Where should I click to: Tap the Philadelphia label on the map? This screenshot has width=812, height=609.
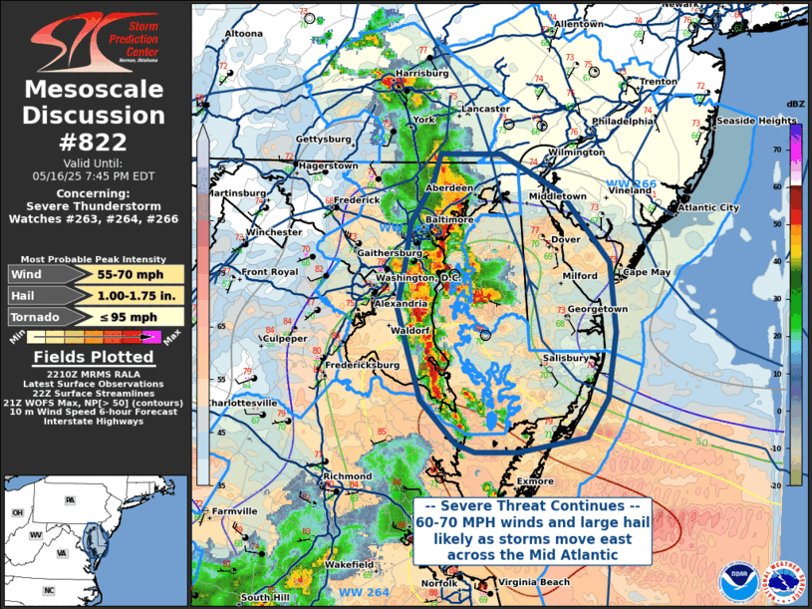click(625, 121)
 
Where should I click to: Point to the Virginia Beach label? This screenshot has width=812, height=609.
click(535, 582)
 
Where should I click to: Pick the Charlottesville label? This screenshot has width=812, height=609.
click(242, 403)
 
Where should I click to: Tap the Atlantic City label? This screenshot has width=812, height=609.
click(708, 207)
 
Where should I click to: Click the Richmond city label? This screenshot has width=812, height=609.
click(348, 476)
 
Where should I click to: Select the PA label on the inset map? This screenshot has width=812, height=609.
click(70, 499)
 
